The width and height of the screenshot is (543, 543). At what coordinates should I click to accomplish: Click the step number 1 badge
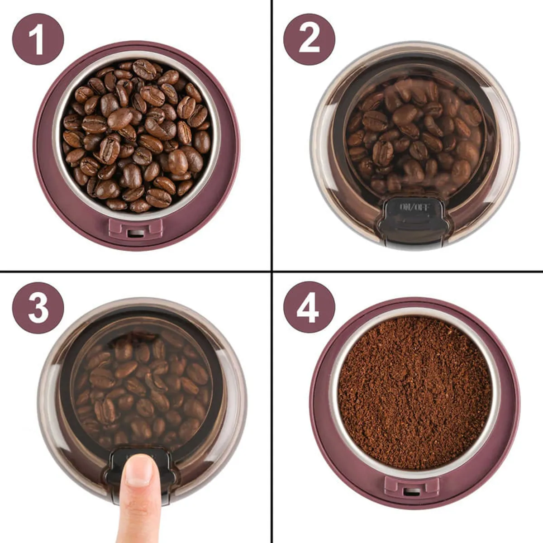38,39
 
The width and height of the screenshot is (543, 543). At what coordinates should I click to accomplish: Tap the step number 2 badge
309,39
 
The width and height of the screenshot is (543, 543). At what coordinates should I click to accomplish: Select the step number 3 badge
38,307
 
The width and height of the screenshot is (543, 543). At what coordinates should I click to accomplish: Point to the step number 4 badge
309,307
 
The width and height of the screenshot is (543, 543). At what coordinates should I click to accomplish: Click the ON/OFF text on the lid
415,207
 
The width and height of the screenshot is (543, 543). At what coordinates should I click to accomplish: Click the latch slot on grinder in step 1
135,233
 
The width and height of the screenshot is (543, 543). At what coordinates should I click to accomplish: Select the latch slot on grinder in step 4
412,492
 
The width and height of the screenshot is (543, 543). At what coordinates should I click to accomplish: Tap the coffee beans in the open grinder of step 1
137,135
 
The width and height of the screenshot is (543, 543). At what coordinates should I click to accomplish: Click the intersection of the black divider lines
271,271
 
